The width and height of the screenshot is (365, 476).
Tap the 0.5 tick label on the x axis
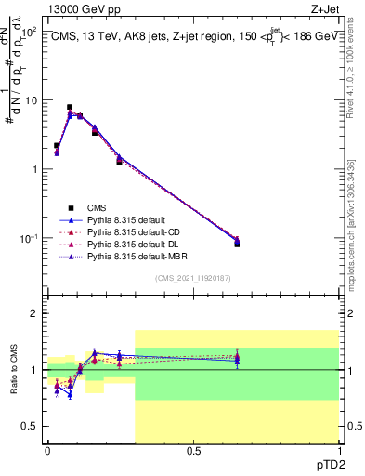pos(193,450)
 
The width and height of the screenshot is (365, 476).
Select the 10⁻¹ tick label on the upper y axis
pos(27,239)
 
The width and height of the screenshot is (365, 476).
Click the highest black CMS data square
pos(70,108)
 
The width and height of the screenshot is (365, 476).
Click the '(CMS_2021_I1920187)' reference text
pos(193,278)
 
